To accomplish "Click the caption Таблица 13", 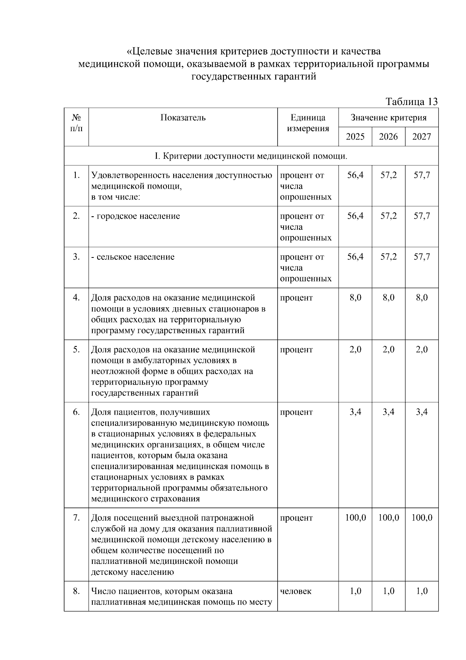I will point(411,102).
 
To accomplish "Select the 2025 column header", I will point(355,137).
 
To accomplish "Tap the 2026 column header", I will point(388,137).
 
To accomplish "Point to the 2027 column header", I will point(422,137).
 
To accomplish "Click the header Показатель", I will point(183,117).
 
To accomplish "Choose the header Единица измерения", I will point(308,123).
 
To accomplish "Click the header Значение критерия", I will point(388,117).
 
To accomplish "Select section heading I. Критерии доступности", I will point(251,156).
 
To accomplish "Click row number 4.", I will point(77,298).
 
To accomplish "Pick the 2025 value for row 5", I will point(355,349).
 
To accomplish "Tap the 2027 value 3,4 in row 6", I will point(422,412).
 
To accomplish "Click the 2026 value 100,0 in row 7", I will point(388,518).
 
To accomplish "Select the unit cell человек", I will point(296,591).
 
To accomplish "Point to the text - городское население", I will point(136,216).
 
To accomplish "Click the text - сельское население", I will point(133,257).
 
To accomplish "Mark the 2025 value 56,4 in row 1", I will point(355,175).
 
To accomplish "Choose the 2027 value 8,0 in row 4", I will point(422,298).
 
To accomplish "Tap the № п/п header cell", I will point(77,123).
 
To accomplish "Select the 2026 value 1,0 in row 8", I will point(388,591).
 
